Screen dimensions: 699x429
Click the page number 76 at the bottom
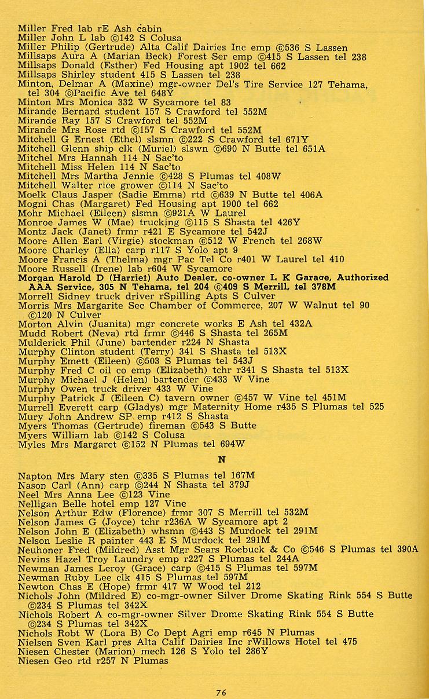(221, 692)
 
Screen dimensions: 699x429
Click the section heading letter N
(221, 460)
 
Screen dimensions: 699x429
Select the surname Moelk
(32, 195)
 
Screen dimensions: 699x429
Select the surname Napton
(35, 476)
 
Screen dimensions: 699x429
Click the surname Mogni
(32, 204)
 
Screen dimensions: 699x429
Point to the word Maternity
(212, 407)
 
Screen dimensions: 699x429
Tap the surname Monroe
(36, 222)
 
